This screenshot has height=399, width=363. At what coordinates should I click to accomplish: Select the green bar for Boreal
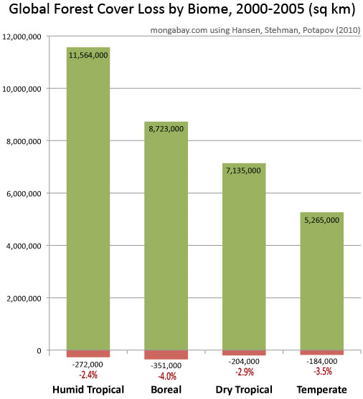(x=166, y=244)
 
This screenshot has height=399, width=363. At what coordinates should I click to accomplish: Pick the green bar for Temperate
(x=322, y=287)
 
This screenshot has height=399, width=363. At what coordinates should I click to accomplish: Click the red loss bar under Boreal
(x=166, y=355)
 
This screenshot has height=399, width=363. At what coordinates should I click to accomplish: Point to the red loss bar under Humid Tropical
(x=88, y=353)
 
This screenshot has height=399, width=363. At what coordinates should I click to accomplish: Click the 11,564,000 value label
(x=88, y=54)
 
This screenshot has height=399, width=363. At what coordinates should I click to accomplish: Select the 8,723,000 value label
(x=166, y=129)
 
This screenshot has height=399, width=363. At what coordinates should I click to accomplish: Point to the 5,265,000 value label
(x=322, y=220)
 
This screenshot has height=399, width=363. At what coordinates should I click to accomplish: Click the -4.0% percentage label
(x=166, y=376)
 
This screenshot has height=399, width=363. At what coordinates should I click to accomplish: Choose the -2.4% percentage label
(x=88, y=374)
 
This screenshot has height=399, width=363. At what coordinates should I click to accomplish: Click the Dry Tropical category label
(x=244, y=390)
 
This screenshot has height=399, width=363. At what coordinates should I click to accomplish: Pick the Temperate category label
(x=322, y=390)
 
